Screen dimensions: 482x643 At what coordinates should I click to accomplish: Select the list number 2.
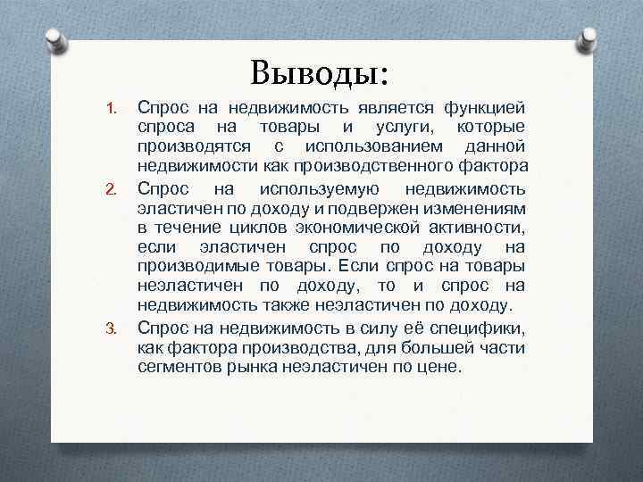pos(112,189)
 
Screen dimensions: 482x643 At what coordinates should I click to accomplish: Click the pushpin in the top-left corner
pos(54,40)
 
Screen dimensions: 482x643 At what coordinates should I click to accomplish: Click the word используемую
pos(321,187)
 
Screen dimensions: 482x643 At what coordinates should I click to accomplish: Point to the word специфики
pos(484,326)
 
